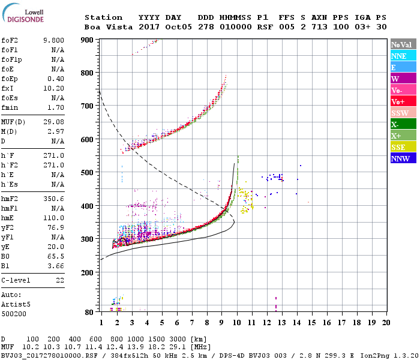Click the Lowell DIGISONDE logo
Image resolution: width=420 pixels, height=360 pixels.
22,16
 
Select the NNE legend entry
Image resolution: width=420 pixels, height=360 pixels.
399,56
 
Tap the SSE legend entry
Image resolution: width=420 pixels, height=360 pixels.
399,147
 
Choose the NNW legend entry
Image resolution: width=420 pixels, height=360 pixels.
400,158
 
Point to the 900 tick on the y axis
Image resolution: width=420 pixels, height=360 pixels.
88,40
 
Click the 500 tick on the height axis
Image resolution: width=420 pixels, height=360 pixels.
88,173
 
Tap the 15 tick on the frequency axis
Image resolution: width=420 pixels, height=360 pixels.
311,322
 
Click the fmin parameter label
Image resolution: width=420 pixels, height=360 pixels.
10,107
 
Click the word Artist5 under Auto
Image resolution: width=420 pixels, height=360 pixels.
15,304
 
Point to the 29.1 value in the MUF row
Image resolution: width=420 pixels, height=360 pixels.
181,347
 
